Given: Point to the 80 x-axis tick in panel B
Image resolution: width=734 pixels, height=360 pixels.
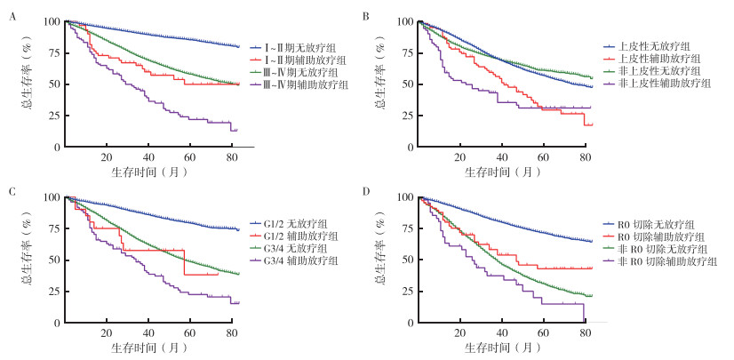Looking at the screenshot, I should [586, 156].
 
